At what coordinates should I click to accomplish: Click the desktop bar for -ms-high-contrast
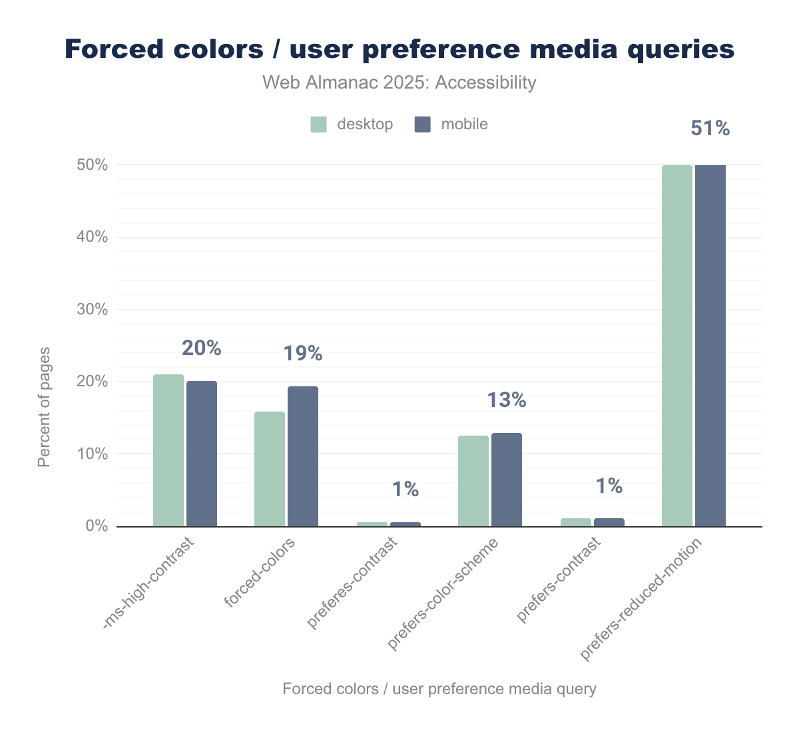168,450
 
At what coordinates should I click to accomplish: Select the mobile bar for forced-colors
303,456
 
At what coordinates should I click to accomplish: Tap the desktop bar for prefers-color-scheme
473,481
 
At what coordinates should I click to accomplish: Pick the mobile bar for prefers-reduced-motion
710,346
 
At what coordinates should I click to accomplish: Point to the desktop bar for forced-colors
270,469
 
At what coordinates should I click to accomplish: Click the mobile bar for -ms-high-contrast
202,454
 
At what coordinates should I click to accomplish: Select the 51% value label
710,129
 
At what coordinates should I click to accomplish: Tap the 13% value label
507,400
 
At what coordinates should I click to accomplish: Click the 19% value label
303,354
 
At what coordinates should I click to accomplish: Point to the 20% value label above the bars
201,348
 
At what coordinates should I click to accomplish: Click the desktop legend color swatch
319,125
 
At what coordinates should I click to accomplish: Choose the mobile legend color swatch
423,125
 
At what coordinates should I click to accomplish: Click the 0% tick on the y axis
97,526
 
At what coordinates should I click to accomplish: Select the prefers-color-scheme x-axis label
443,594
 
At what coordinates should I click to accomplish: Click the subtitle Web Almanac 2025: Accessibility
399,83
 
